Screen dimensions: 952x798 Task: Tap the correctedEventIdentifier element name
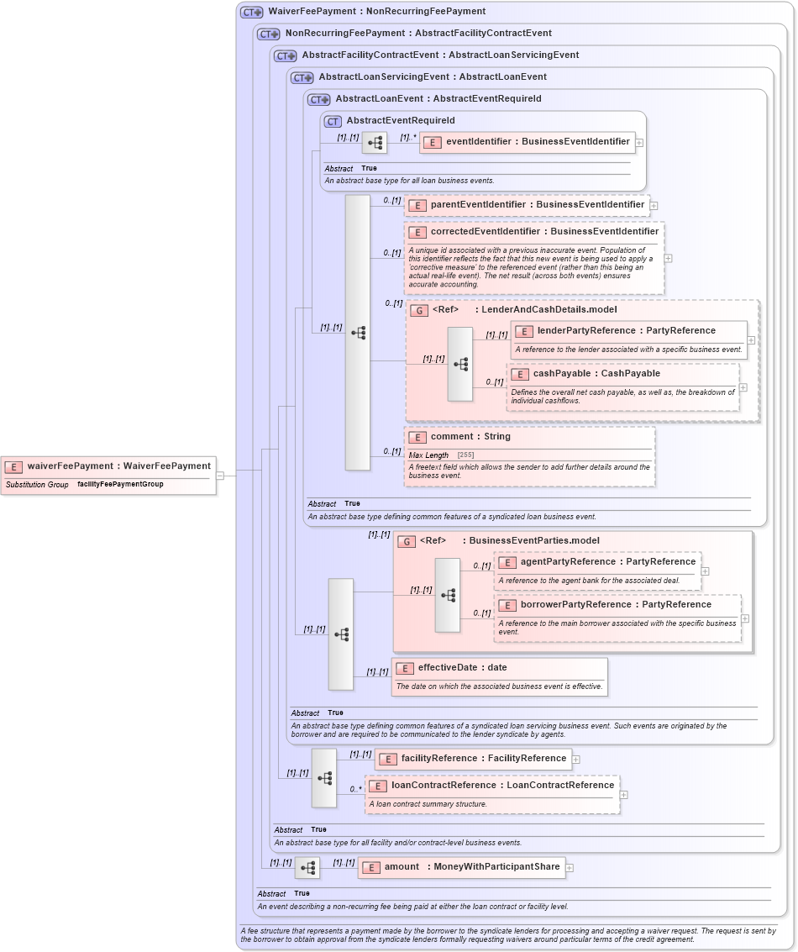click(x=544, y=232)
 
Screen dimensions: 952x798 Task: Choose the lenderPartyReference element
click(x=626, y=331)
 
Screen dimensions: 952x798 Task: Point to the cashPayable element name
click(x=596, y=374)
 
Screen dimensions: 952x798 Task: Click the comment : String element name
click(x=470, y=437)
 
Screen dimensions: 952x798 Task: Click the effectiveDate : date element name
click(x=462, y=668)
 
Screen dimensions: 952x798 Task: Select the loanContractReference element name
click(x=502, y=786)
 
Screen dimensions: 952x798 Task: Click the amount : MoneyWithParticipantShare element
click(x=461, y=867)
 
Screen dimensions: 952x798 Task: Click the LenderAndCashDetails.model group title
click(x=549, y=310)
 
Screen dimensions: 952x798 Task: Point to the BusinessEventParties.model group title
click(x=534, y=541)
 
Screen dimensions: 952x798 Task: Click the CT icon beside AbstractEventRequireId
click(x=333, y=121)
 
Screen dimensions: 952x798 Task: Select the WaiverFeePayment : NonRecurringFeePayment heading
click(x=376, y=12)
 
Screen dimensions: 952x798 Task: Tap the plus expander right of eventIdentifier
click(x=639, y=143)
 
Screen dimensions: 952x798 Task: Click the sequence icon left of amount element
click(x=308, y=867)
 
